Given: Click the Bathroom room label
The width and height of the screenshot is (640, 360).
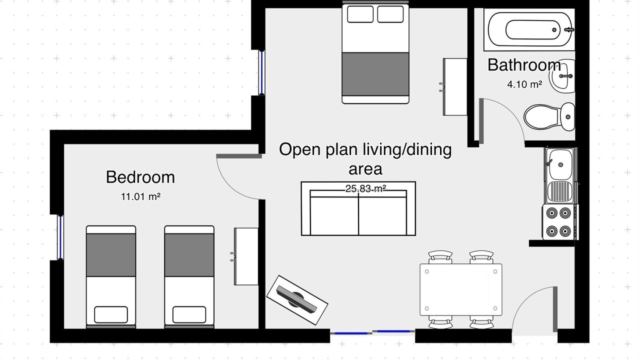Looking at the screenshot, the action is (x=524, y=65).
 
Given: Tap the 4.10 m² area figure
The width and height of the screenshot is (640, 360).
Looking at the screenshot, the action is (x=524, y=84).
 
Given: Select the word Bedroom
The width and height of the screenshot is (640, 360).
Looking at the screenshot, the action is (x=140, y=177).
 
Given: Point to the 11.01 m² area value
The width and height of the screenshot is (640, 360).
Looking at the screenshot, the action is (x=140, y=196).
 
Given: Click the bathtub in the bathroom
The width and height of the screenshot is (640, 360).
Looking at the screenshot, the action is (x=529, y=29).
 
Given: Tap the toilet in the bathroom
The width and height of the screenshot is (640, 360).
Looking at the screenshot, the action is (x=549, y=117).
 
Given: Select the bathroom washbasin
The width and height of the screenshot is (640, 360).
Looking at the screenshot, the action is (x=562, y=76).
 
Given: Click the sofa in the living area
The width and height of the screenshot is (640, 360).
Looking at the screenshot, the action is (x=358, y=208).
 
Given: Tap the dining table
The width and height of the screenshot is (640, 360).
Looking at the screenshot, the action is (x=461, y=289).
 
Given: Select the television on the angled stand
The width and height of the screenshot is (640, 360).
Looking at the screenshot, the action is (x=297, y=300).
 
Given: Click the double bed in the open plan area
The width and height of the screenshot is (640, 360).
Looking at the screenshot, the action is (x=375, y=53).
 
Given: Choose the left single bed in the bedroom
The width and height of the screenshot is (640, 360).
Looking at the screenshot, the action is (x=111, y=276).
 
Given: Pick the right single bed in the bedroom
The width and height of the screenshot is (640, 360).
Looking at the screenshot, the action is (x=189, y=276).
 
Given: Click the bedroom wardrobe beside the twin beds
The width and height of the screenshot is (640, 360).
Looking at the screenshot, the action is (x=246, y=256).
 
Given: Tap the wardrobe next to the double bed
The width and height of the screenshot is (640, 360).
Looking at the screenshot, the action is (x=455, y=87).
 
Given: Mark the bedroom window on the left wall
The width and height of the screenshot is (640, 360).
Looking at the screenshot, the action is (x=60, y=237).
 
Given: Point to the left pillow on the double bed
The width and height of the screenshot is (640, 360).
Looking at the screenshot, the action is (x=360, y=14).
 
